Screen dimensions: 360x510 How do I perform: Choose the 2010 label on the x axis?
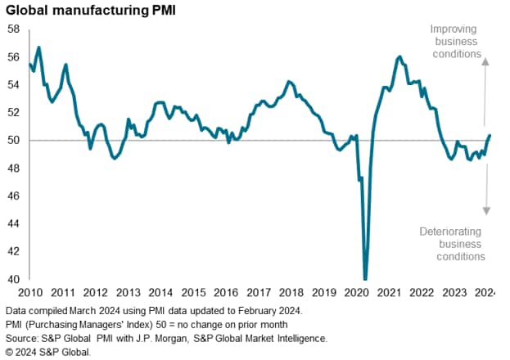pyautogui.click(x=29, y=292)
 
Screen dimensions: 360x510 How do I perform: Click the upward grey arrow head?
pyautogui.click(x=484, y=60)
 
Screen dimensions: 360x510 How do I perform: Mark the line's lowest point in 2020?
pyautogui.click(x=365, y=278)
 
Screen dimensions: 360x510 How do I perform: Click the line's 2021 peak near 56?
pyautogui.click(x=399, y=56)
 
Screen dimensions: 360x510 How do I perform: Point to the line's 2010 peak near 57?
pyautogui.click(x=38, y=47)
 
